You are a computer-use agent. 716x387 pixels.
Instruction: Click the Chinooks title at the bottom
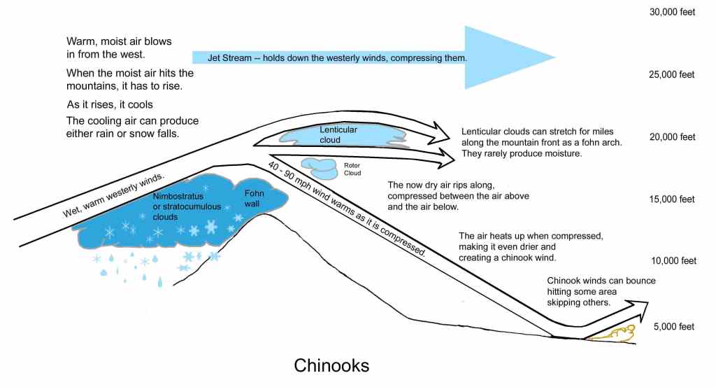331,365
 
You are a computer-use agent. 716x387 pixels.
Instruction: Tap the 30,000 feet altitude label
672,13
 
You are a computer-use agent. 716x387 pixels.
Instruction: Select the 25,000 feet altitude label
672,75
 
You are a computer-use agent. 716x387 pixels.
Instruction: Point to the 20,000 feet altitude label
672,137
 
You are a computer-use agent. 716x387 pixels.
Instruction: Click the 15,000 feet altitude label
672,199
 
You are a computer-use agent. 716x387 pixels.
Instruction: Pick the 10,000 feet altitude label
673,261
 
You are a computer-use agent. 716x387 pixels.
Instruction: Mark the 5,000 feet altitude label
673,327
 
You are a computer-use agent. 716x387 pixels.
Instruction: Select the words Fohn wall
254,199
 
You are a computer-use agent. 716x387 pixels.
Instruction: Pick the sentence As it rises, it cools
110,105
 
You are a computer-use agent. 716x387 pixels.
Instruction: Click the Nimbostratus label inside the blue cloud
178,197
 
